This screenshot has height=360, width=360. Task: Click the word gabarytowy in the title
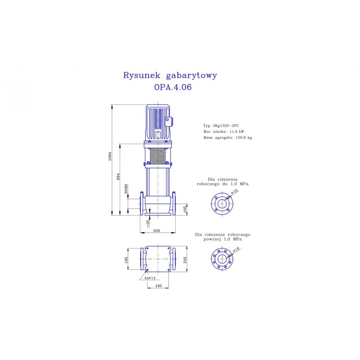coord(191,75)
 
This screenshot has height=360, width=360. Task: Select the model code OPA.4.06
coord(173,87)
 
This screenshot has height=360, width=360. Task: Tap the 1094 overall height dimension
coord(110,156)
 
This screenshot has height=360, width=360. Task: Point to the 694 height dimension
coord(118,176)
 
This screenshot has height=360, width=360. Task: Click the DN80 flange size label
coord(126,189)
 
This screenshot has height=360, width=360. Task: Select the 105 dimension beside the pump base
coord(185,209)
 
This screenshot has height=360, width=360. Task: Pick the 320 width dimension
coord(156,231)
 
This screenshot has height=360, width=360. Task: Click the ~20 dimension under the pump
coord(148,223)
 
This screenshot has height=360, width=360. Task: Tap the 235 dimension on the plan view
coord(185,260)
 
